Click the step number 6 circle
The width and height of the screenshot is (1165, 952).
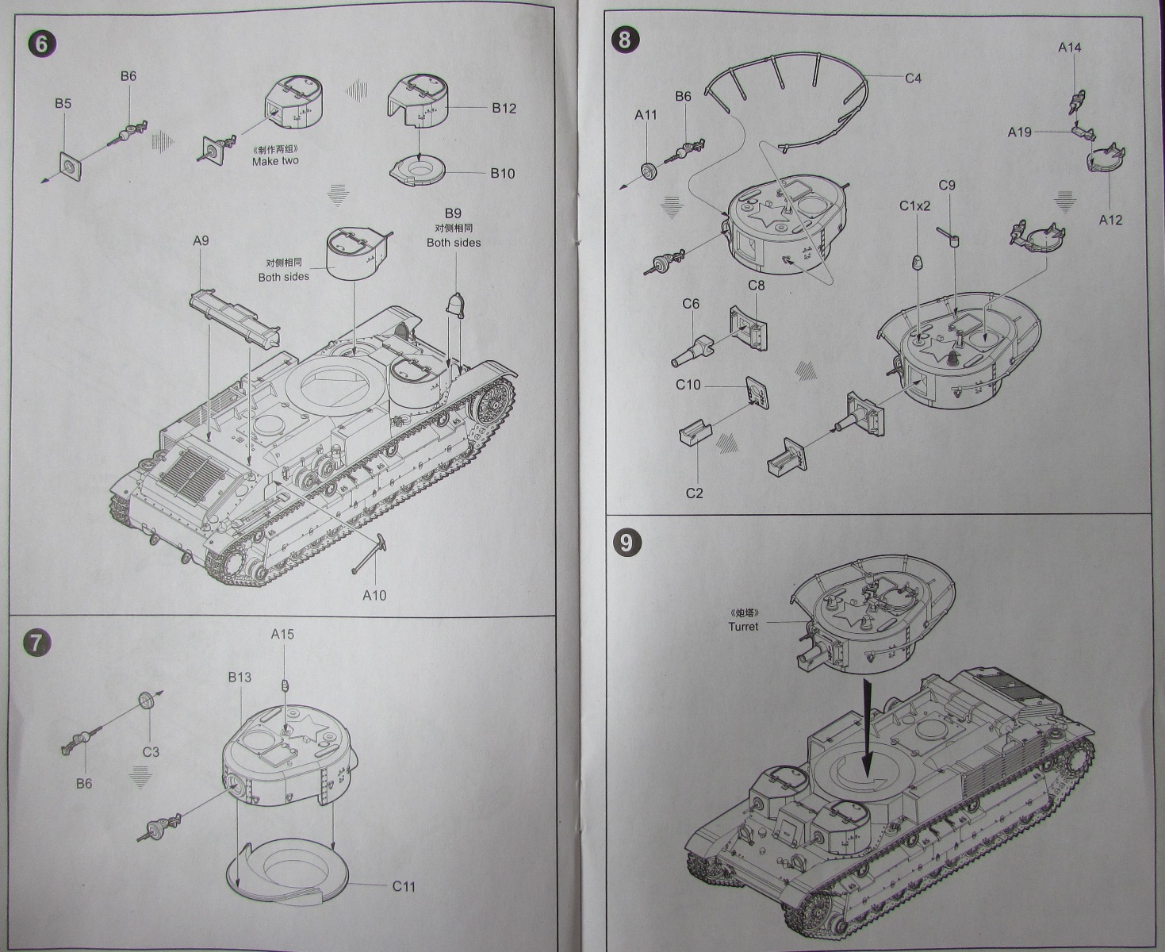tap(40, 43)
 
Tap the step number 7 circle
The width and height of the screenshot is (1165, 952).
tap(38, 643)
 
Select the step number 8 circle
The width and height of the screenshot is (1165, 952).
tap(625, 40)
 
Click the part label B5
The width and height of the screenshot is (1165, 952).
tap(63, 103)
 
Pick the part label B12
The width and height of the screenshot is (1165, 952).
tap(504, 109)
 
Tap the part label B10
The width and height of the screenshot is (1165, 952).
tap(502, 173)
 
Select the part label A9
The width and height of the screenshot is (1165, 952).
tap(201, 240)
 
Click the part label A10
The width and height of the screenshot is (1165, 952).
tap(374, 595)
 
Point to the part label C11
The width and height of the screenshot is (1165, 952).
tap(404, 886)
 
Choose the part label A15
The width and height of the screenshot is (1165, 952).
tap(282, 634)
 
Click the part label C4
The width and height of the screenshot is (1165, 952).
tap(913, 78)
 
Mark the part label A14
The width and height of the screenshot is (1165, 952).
tap(1069, 48)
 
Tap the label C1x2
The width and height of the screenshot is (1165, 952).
tap(914, 206)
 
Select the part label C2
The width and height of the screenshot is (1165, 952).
tap(694, 493)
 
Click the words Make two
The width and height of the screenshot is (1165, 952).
tap(275, 161)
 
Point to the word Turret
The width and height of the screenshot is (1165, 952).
tap(743, 626)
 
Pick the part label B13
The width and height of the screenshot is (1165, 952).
tap(240, 677)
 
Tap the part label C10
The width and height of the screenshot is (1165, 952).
tap(688, 385)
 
